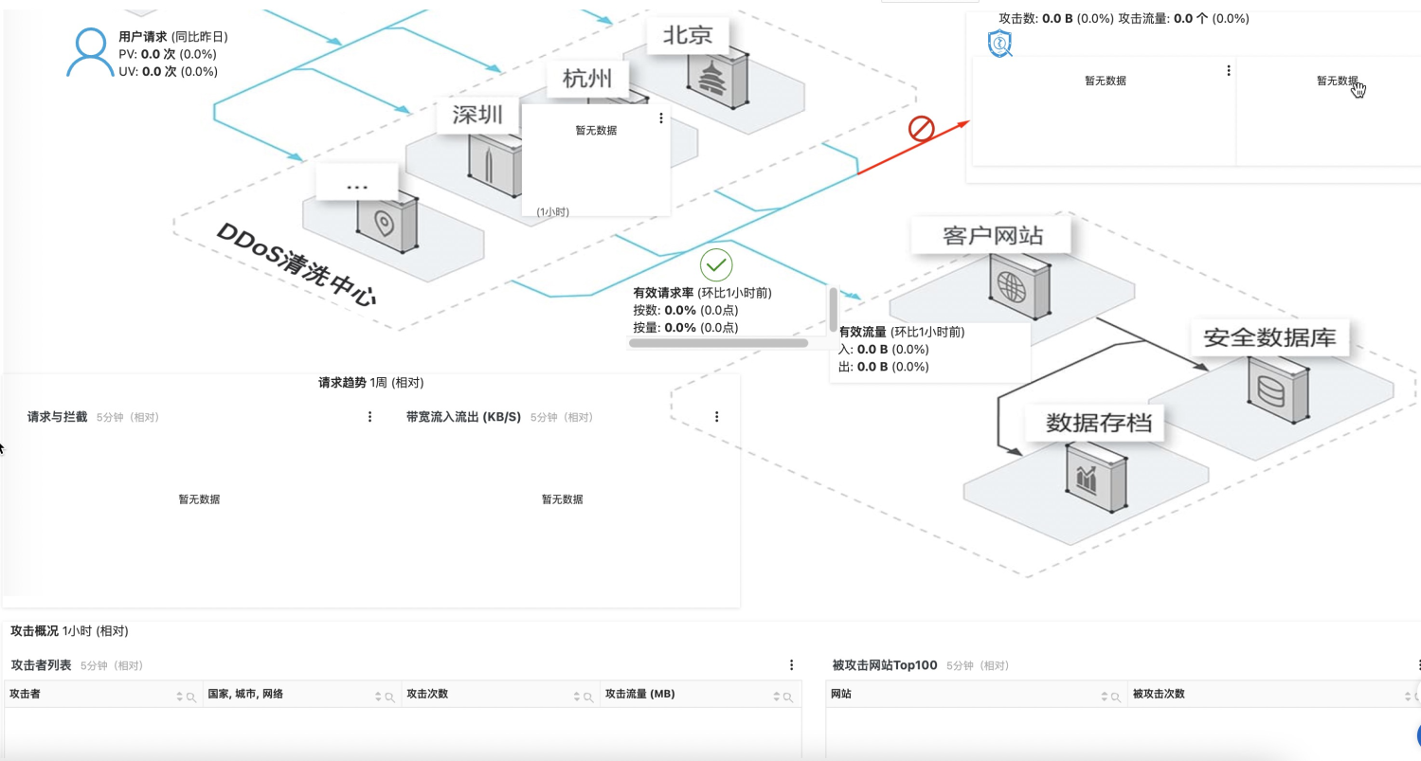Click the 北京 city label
coord(687,36)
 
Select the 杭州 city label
coord(586,78)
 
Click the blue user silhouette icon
coord(90,53)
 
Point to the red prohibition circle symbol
coord(922,129)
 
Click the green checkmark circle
coord(716,265)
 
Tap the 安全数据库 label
coord(1269,338)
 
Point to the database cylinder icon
coord(1270,389)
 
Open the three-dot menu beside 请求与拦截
coord(370,417)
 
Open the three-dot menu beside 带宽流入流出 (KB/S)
coord(717,417)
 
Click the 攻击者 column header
coord(26,695)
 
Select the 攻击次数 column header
coord(427,695)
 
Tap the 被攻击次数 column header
coord(1159,695)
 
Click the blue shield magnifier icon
coord(1000,44)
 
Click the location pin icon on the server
coord(384,225)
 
